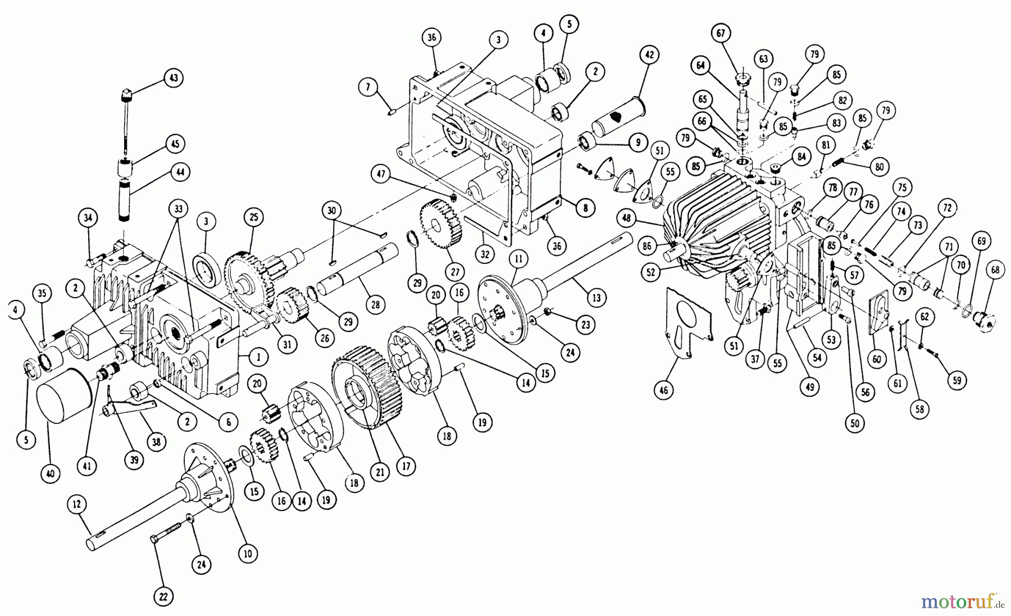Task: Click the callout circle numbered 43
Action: pos(174,77)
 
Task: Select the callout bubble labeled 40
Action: pos(51,473)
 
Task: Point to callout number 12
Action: pos(77,506)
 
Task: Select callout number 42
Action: pos(649,55)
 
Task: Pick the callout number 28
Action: pos(375,305)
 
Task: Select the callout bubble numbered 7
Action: pos(367,87)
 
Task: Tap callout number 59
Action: pos(957,380)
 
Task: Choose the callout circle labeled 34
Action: pos(87,217)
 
